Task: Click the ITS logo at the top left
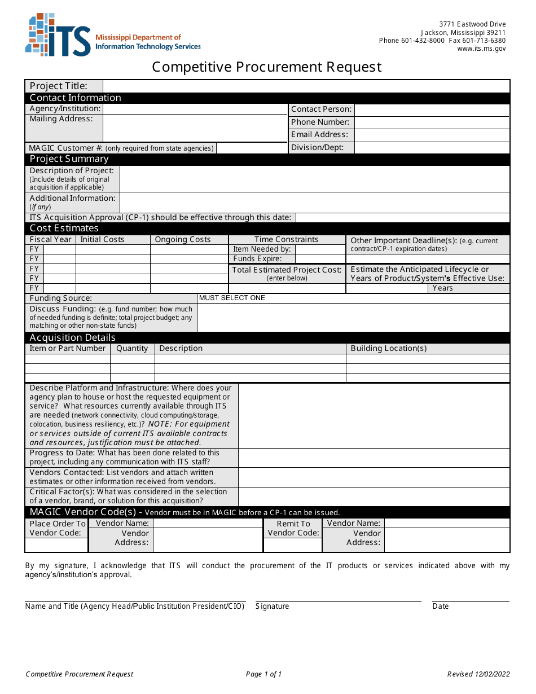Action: [58, 35]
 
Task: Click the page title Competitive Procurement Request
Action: [266, 67]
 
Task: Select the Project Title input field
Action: [306, 86]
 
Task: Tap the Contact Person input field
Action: [432, 109]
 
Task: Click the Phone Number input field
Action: [432, 122]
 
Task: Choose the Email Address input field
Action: [432, 135]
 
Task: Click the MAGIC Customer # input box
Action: [252, 148]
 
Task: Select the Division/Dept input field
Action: [432, 148]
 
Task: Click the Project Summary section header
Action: [69, 159]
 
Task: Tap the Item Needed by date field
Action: [319, 249]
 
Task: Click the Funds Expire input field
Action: [319, 259]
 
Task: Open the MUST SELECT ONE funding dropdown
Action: [353, 298]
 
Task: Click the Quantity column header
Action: [132, 349]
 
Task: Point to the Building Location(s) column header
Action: [389, 349]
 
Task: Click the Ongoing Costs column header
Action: [183, 240]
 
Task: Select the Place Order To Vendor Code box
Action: [56, 545]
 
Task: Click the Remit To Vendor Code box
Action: [293, 545]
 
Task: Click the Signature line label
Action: [273, 607]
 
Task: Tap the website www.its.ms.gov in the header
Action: [481, 49]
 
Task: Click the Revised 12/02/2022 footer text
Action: [478, 674]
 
